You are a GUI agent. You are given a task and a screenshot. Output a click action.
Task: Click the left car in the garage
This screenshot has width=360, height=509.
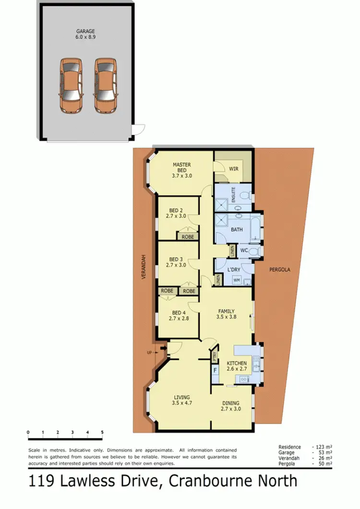(x=71, y=85)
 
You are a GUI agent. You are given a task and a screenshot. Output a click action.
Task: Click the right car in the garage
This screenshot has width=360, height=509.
(x=105, y=85)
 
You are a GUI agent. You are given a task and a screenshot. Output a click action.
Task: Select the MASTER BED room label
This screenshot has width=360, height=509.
(x=182, y=170)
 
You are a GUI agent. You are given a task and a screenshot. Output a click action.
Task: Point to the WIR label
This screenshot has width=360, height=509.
(x=234, y=169)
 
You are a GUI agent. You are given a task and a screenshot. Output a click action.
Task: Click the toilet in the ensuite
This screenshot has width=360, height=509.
(x=244, y=196)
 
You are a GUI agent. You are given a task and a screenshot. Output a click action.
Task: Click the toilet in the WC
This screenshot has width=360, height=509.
(x=254, y=251)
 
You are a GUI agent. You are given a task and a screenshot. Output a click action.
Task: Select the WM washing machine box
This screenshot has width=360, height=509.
(x=236, y=279)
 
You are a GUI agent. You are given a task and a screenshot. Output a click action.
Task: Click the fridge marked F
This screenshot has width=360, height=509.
(x=216, y=370)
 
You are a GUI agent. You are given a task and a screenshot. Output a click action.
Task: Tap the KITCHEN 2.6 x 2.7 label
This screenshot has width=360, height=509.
(x=237, y=366)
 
